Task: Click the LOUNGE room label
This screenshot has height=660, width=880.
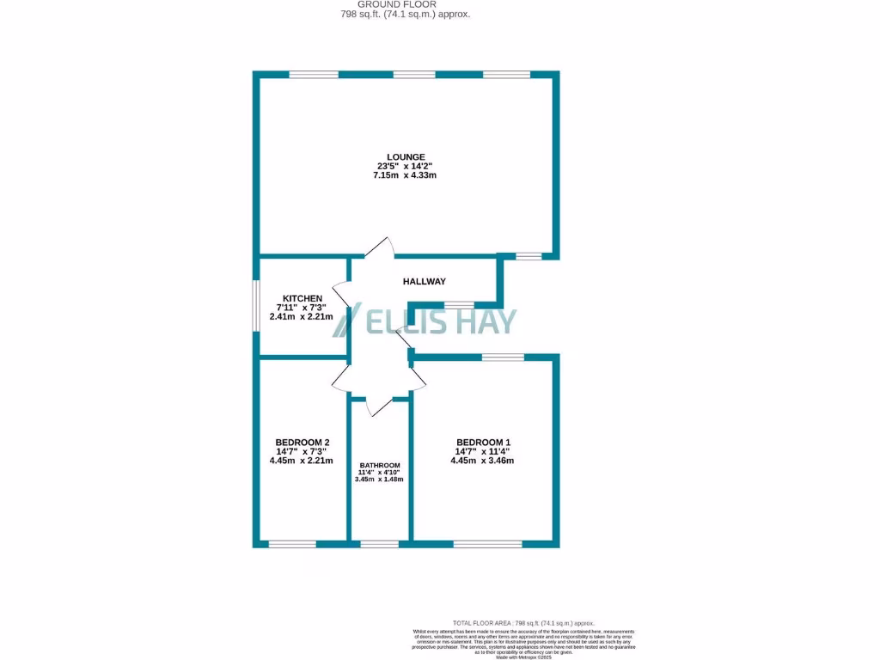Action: pos(406,157)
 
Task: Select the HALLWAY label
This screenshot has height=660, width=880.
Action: pos(425,281)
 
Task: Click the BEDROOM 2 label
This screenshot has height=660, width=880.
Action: pos(299,443)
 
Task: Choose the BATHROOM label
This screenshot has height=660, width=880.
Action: pos(379,466)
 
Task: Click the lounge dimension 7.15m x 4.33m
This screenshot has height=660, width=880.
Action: pos(406,175)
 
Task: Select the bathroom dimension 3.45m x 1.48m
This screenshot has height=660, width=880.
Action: pos(379,480)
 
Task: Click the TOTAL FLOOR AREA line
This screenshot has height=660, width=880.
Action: pos(523,623)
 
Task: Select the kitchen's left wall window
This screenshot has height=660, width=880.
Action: pos(256,305)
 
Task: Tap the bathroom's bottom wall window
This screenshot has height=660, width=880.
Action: pos(379,543)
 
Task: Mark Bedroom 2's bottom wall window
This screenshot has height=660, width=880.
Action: pos(292,543)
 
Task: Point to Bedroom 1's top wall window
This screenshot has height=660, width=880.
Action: pos(503,357)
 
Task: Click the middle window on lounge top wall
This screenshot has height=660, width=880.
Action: pos(414,75)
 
